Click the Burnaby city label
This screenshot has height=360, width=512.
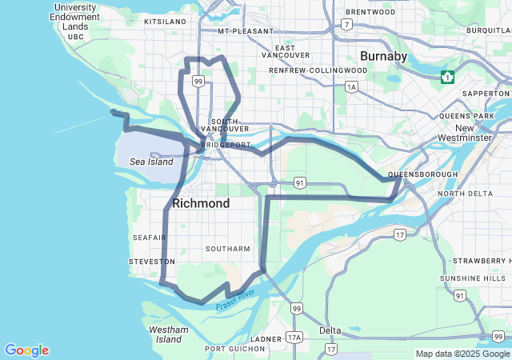click(x=383, y=56)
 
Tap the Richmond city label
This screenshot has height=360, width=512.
click(x=201, y=203)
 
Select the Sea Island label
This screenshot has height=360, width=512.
click(x=151, y=162)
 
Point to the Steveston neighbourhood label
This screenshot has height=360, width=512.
click(x=152, y=262)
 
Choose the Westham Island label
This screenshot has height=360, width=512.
click(x=169, y=334)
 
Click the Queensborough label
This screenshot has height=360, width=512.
click(x=422, y=174)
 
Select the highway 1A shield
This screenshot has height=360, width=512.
click(x=351, y=86)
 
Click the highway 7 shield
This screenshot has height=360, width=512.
click(x=346, y=25)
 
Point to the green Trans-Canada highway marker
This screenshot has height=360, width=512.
click(x=448, y=77)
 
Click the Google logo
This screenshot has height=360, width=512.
click(x=26, y=350)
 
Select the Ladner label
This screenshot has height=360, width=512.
click(x=266, y=338)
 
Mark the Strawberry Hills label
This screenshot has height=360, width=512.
click(x=478, y=261)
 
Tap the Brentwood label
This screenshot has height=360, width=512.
click(x=370, y=12)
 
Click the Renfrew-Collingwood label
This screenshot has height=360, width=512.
click(x=318, y=70)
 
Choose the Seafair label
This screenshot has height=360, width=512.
click(x=150, y=238)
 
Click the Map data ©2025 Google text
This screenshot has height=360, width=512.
click(x=462, y=354)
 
